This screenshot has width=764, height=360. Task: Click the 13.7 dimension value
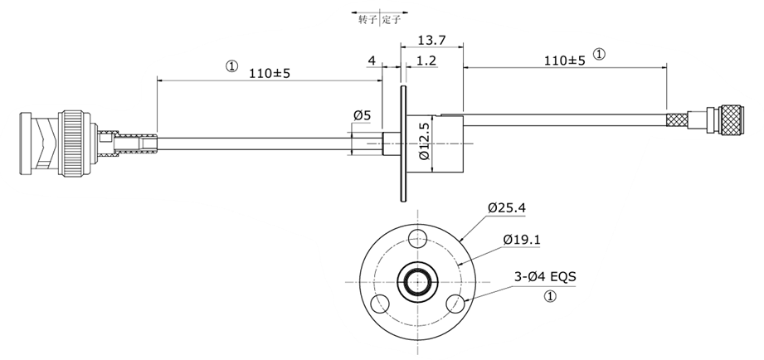click(x=432, y=40)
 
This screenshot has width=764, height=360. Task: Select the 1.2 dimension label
click(x=427, y=61)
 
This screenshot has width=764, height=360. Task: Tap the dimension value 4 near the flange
click(x=372, y=61)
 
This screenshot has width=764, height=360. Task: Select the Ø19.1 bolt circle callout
click(x=522, y=240)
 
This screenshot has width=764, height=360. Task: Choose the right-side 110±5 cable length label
click(x=564, y=60)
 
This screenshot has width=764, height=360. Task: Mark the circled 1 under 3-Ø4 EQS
click(x=548, y=297)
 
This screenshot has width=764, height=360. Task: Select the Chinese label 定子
click(x=392, y=18)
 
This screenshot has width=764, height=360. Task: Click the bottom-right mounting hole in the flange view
click(x=453, y=304)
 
